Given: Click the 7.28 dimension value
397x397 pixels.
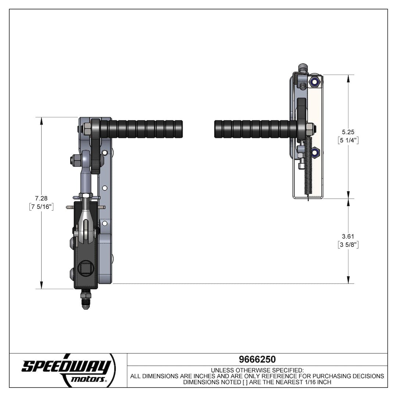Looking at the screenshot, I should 42,198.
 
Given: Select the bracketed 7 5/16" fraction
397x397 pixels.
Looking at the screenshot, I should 42,207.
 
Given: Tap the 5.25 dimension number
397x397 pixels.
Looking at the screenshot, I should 348,132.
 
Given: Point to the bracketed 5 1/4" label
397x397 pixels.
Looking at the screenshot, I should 348,140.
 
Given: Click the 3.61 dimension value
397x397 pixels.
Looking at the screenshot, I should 348,236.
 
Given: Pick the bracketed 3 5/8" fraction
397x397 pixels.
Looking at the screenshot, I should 348,245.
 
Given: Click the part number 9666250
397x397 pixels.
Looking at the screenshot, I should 257,359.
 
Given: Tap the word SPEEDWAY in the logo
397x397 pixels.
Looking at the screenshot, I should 66,366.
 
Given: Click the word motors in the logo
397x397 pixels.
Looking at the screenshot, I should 88,379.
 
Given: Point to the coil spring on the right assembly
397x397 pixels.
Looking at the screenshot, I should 308,165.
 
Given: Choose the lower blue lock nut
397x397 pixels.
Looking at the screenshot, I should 315,151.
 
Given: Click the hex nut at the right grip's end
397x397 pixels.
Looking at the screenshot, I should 310,129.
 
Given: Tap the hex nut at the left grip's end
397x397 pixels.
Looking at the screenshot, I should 87,129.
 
